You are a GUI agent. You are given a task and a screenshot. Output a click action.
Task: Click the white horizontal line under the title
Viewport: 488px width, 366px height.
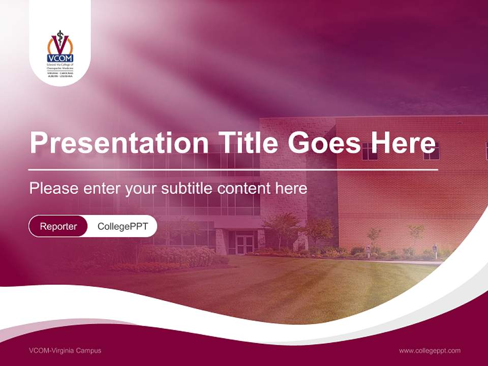233,169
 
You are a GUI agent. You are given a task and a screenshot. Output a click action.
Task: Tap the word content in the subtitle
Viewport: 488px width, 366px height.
244,189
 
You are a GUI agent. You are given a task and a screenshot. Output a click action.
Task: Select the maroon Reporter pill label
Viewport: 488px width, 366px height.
58,226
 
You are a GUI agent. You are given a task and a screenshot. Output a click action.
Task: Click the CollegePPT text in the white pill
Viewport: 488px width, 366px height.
123,226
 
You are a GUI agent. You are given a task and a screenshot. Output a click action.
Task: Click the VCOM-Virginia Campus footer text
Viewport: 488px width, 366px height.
65,350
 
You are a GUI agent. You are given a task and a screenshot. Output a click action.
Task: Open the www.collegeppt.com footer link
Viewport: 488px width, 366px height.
430,350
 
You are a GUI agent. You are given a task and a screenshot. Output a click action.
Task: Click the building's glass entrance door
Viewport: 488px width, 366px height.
245,243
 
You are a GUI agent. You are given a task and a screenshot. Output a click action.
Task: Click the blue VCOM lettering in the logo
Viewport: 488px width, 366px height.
60,58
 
